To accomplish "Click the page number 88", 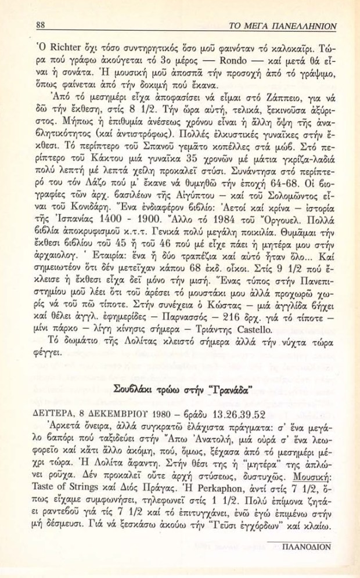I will click(x=41, y=26).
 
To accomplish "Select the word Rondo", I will click(x=215, y=60).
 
